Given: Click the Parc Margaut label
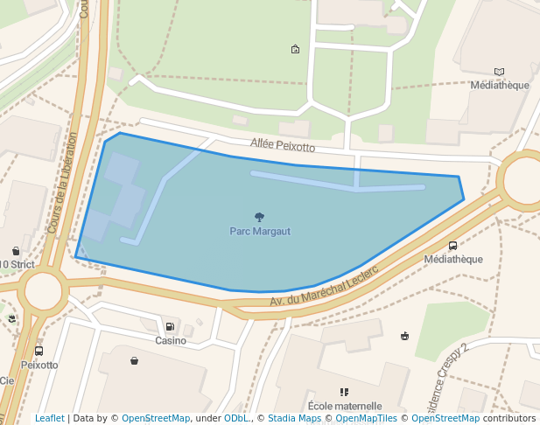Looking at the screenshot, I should [x=260, y=232].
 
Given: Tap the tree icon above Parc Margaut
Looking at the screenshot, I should [x=259, y=217].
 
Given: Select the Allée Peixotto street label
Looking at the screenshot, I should [x=282, y=146].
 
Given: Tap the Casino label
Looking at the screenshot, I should [x=171, y=340].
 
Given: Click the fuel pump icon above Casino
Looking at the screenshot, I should [x=170, y=326].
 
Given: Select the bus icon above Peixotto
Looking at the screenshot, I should [x=39, y=351].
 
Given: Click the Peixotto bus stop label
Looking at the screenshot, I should [x=39, y=365].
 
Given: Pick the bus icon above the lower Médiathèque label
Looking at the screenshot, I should [x=452, y=246].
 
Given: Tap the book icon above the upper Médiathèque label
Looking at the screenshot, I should [x=499, y=72].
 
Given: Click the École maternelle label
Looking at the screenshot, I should [x=345, y=406].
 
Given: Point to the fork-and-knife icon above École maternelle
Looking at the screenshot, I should [x=344, y=392].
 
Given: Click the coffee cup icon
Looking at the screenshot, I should [x=404, y=335].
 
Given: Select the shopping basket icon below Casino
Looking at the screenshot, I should [x=134, y=360].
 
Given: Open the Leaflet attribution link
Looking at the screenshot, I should [x=50, y=418].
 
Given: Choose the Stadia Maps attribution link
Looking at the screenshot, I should [x=294, y=418].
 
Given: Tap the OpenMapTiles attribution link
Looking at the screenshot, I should [x=367, y=418].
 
